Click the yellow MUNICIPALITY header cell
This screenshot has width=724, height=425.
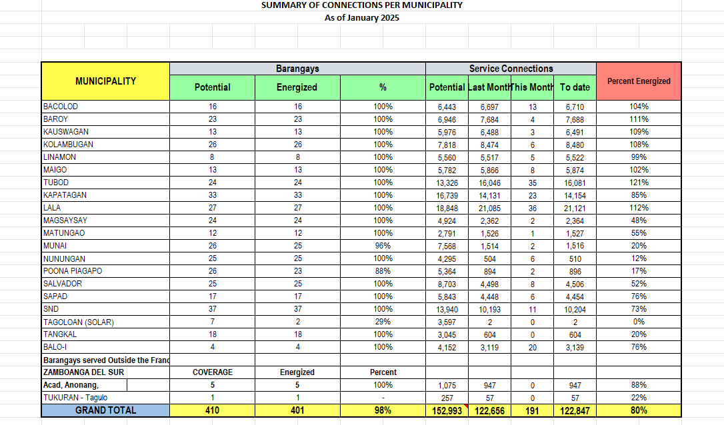tap(105, 81)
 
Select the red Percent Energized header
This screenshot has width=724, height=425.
tap(639, 81)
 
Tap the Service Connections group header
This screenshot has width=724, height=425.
tap(511, 69)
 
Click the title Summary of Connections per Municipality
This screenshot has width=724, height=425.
tap(362, 5)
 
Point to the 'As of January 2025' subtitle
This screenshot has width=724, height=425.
tap(362, 18)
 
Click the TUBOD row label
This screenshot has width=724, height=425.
tap(56, 183)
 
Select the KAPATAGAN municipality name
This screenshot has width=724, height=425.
tap(65, 195)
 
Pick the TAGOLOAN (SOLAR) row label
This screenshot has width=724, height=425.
tap(78, 322)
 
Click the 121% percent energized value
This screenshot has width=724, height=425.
tap(639, 183)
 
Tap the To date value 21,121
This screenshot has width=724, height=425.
tap(575, 208)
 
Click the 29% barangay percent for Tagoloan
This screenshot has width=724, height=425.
tap(383, 322)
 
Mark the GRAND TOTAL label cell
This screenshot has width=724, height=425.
tap(105, 410)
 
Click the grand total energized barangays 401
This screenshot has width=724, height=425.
tap(297, 410)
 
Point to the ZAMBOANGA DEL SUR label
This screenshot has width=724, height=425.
tap(83, 372)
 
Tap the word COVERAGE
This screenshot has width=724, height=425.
tap(212, 372)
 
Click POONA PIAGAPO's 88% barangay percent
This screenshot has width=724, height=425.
tap(383, 271)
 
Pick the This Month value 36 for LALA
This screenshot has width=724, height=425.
tap(532, 208)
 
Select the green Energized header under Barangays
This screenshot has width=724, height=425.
tap(297, 87)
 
